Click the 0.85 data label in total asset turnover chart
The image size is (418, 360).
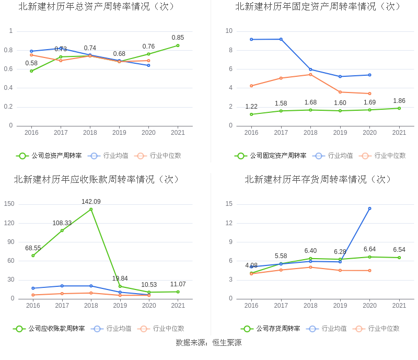178,38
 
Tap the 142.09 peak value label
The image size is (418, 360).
91,202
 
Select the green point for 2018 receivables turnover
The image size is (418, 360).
91,210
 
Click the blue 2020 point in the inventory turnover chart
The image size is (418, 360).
369,208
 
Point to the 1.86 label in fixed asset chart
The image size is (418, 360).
399,101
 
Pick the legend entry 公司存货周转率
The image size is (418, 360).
277,329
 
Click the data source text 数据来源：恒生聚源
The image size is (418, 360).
208,343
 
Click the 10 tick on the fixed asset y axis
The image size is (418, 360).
229,31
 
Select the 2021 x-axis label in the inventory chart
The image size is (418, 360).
399,306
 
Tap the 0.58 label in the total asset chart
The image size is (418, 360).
31,63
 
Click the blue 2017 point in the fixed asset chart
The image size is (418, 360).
281,39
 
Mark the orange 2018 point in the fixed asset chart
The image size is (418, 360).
310,74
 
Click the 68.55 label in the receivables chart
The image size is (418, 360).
33,248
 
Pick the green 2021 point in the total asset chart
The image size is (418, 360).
178,45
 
